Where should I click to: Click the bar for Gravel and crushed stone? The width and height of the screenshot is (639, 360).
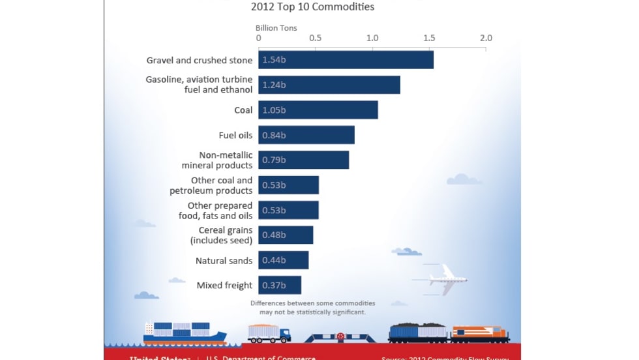346,60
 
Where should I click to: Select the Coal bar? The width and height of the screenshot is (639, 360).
318,110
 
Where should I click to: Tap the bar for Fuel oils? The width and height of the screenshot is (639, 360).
306,136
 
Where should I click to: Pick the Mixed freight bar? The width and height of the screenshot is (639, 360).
280,285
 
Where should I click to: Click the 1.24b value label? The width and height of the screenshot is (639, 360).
274,85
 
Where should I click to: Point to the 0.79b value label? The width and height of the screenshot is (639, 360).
274,160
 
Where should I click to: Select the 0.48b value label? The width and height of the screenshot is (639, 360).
274,235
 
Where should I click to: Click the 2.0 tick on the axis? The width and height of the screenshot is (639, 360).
486,38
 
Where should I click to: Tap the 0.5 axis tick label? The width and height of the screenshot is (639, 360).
316,38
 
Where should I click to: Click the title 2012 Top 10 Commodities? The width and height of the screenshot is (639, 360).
313,7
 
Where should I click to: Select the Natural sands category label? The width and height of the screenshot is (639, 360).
224,261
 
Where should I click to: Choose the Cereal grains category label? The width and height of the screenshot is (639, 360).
221,235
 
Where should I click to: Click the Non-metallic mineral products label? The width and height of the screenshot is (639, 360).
216,160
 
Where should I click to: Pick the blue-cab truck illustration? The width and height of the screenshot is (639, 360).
269,333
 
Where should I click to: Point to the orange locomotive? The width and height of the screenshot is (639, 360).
480,333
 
